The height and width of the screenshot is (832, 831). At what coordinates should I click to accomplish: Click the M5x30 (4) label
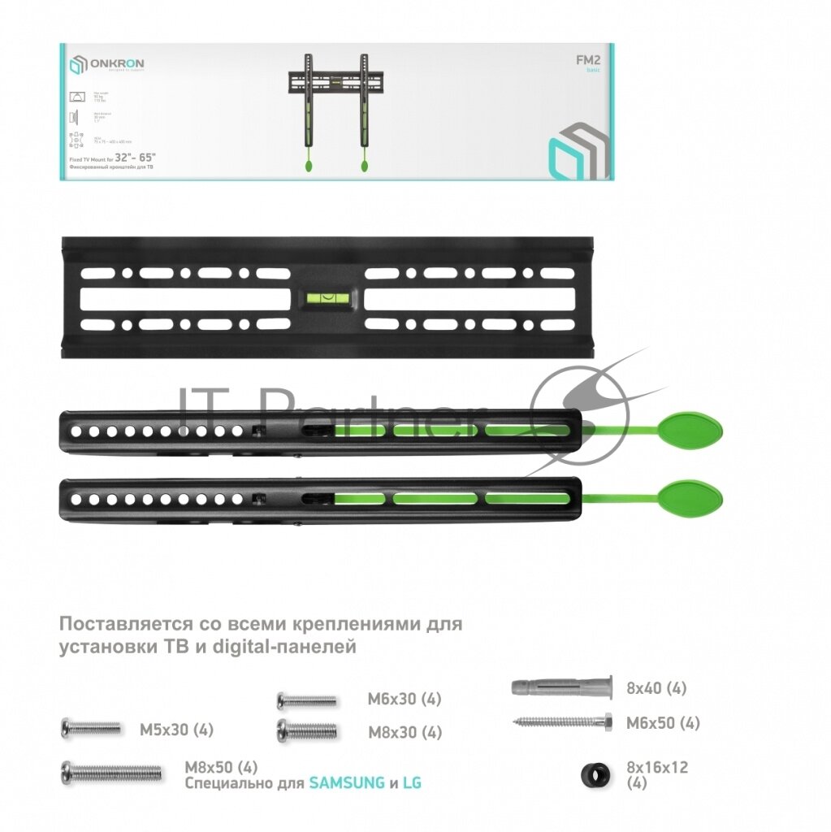(x=176, y=730)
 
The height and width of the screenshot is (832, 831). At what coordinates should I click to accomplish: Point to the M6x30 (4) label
(x=405, y=700)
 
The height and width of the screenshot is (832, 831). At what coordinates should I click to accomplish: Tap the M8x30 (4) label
(x=405, y=732)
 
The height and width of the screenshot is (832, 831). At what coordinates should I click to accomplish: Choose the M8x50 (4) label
(x=221, y=767)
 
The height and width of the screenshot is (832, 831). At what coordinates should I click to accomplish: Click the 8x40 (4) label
(x=656, y=688)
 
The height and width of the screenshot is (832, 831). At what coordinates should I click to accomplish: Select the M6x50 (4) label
(x=663, y=723)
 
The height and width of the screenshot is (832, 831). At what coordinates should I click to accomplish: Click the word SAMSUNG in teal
(x=347, y=783)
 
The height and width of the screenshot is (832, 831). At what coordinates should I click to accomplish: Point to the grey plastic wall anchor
(x=560, y=687)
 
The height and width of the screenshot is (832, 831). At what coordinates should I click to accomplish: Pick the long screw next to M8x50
(x=112, y=772)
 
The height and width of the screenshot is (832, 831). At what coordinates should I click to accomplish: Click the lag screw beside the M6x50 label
(x=561, y=721)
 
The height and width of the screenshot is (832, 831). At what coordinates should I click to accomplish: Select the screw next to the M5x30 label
(x=91, y=728)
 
